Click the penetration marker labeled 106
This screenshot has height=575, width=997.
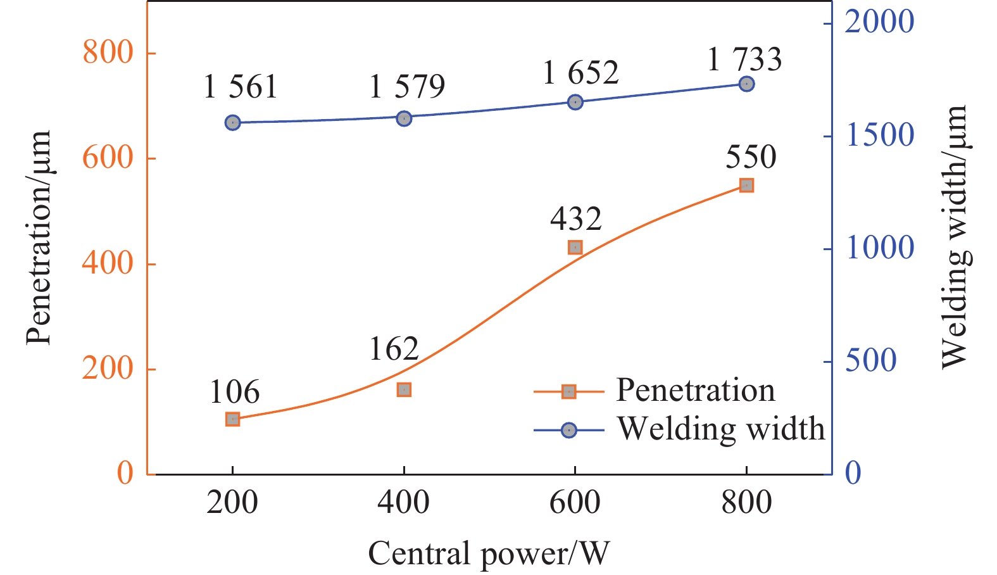coord(232,419)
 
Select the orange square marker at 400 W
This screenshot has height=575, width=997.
coord(404,389)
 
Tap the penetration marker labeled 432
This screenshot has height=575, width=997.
coord(575,247)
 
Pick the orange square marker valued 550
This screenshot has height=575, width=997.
coord(746,185)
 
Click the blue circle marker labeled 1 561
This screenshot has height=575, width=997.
coord(232,122)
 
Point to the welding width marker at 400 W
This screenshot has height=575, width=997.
coord(404,118)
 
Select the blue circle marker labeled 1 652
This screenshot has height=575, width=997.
coord(575,102)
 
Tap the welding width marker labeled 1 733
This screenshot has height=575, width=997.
coord(746,84)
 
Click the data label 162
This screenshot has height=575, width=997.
coord(394,349)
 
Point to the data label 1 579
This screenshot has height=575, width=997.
coord(407,86)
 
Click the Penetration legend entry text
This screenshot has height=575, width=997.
coord(695,390)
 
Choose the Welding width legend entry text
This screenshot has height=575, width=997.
coord(720,429)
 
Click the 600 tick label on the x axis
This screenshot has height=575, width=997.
coord(575,503)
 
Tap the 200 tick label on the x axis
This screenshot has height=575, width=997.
coord(232,503)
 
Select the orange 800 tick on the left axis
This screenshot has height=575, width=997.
coord(108,52)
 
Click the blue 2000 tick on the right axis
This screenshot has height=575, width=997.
coord(879,22)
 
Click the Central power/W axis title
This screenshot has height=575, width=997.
coord(488,553)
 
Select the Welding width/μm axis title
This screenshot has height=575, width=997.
coord(954,236)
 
